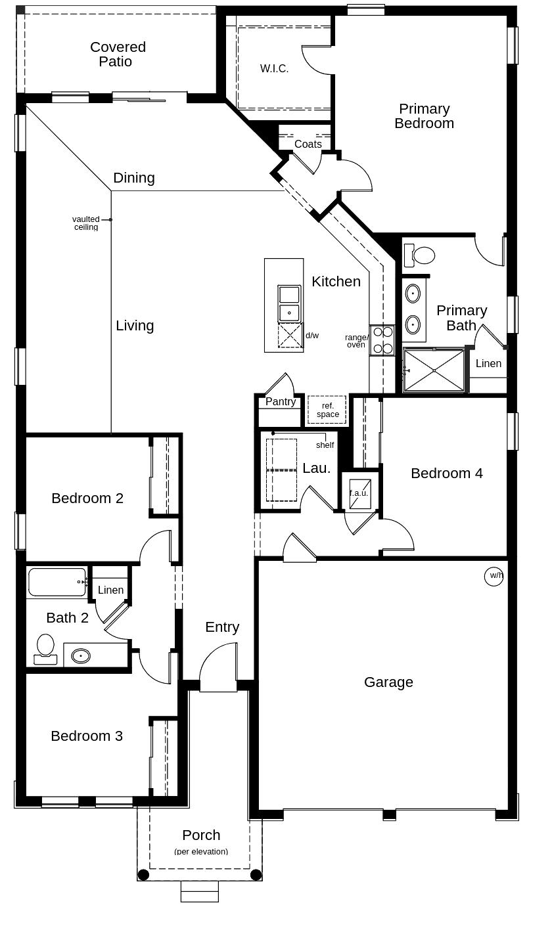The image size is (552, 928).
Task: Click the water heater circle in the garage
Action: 494,576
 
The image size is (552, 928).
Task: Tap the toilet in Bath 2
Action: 45,649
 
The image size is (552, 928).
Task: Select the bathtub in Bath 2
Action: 57,582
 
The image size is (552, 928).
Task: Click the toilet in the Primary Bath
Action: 419,255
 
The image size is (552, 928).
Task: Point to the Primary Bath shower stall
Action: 434,370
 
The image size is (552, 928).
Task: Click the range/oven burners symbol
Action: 382,340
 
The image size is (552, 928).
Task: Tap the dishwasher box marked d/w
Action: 290,335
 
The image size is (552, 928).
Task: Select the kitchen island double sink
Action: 289,303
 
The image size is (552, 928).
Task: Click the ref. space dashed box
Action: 327,410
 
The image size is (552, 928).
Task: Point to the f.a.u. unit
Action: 359,494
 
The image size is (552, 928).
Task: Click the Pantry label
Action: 281,401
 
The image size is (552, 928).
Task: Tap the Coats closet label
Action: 308,144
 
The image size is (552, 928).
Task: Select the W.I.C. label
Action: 274,69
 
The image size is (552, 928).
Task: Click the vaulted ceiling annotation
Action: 86,223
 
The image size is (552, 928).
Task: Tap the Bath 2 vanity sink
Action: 81,656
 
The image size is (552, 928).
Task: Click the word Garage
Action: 388,682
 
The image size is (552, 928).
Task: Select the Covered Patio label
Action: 118,55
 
